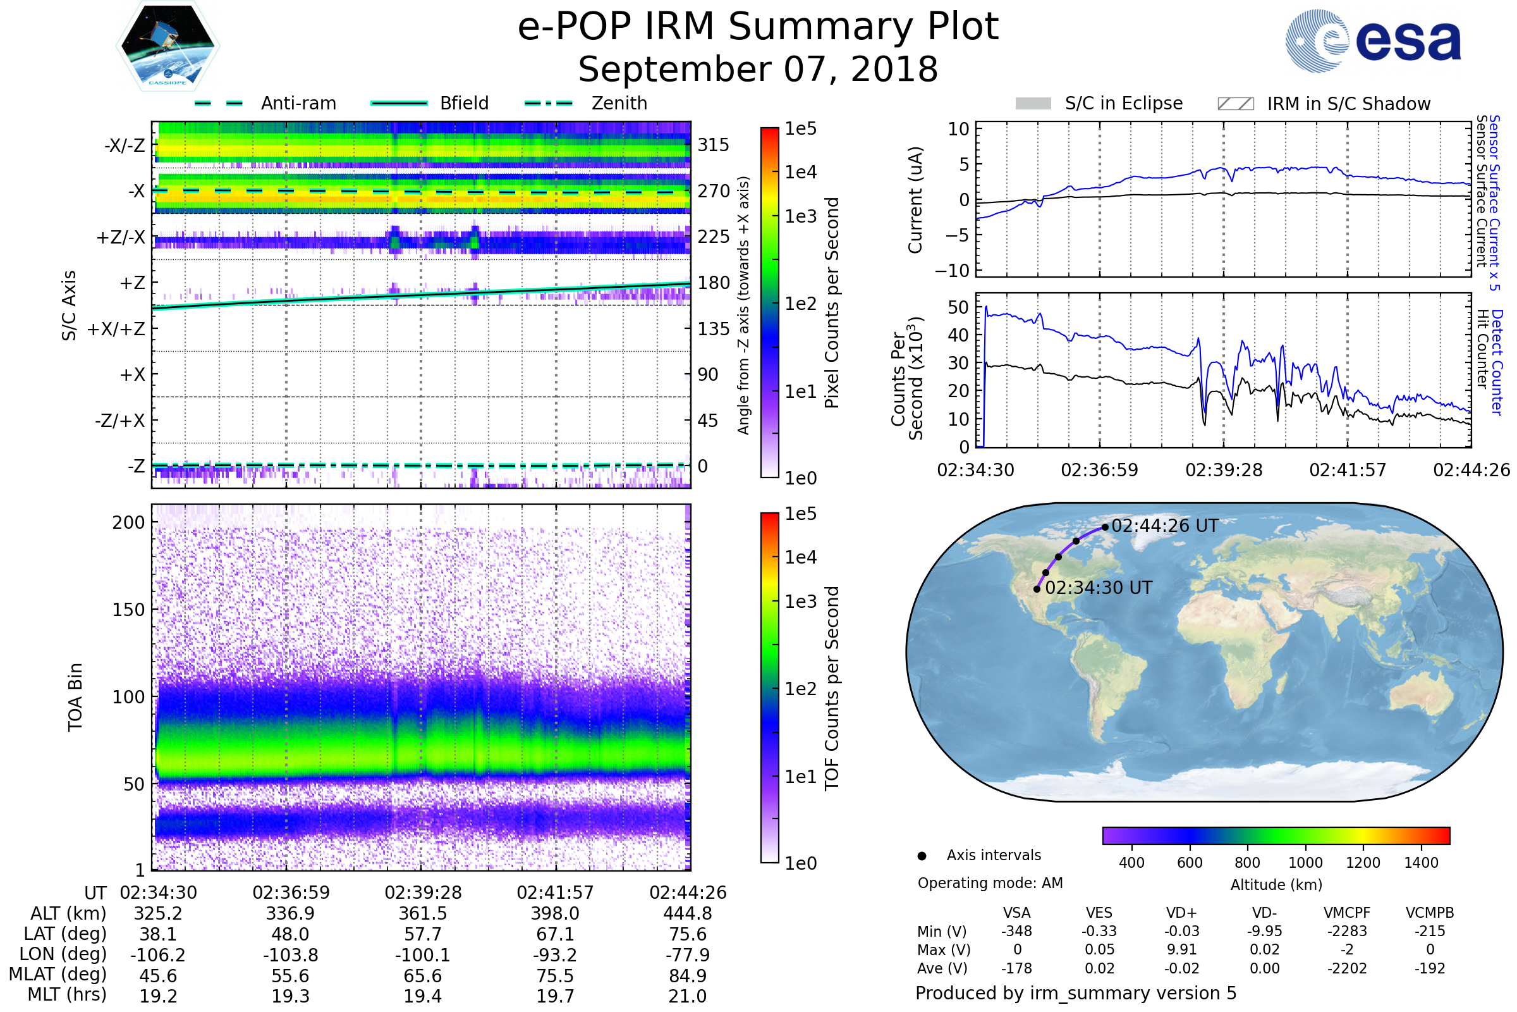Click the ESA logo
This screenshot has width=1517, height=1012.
(x=1373, y=40)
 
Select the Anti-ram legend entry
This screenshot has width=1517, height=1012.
(x=265, y=103)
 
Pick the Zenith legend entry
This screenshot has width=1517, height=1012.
(x=586, y=103)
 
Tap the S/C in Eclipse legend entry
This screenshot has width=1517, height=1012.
(x=1099, y=104)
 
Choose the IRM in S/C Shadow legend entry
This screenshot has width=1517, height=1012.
(x=1324, y=104)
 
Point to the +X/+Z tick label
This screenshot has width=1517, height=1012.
(x=116, y=329)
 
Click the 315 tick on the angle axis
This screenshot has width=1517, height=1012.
(x=713, y=145)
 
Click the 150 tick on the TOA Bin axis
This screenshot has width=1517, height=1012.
(x=128, y=610)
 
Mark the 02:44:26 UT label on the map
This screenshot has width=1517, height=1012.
(x=1164, y=526)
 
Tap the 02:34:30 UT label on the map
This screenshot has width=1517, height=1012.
(x=1098, y=588)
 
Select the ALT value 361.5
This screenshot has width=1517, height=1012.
(x=422, y=914)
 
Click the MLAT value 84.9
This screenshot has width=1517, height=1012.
(x=688, y=976)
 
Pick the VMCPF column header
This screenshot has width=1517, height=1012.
(x=1347, y=913)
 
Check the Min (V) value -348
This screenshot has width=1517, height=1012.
(x=1016, y=931)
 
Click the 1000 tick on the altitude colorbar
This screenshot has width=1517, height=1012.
(x=1305, y=863)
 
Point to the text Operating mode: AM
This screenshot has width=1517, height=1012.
(x=990, y=883)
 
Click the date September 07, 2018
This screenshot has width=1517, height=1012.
(x=758, y=70)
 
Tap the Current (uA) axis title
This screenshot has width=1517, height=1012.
(x=915, y=200)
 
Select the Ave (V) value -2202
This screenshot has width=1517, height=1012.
(x=1347, y=969)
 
